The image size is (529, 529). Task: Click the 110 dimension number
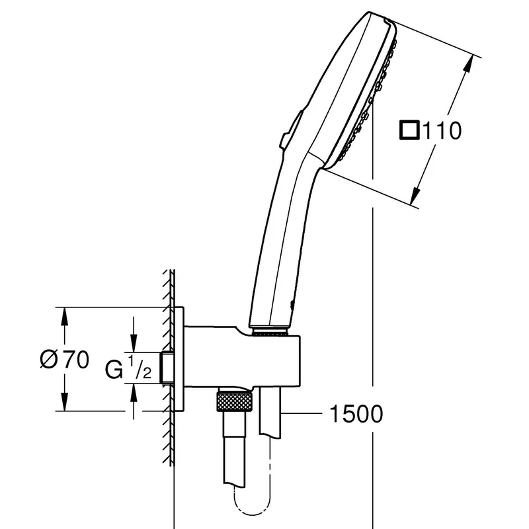tap(442, 130)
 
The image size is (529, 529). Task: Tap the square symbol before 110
tap(409, 130)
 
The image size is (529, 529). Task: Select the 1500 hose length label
tap(356, 414)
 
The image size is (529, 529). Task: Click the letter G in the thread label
tap(114, 370)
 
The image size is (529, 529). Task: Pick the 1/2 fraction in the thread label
tap(139, 368)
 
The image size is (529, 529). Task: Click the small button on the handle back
tap(290, 129)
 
